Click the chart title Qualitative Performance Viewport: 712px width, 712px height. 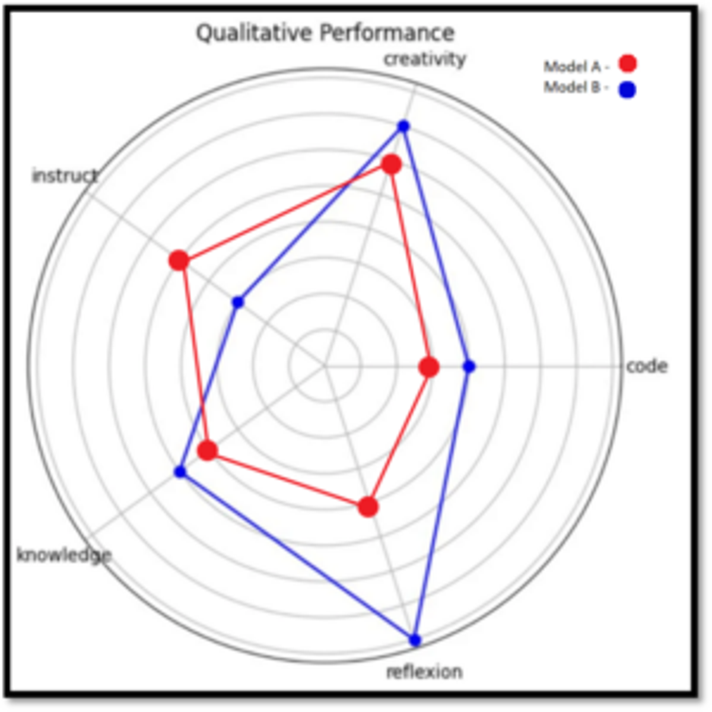pos(325,33)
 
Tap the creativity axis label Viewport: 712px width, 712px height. pos(425,59)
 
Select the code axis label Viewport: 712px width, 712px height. pos(647,366)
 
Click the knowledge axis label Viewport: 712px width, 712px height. pos(64,555)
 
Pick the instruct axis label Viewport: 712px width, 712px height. pos(65,176)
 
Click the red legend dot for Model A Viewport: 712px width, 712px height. pos(628,63)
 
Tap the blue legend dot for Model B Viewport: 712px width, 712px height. pos(627,90)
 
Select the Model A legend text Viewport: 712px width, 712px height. pos(576,67)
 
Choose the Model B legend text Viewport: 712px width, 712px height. pos(576,88)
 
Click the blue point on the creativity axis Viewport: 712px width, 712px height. pos(403,126)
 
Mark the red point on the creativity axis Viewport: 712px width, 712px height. pos(391,164)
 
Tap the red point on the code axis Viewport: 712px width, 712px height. pos(429,367)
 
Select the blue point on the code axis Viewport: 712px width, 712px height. pos(469,367)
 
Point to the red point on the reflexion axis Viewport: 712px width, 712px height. pos(368,507)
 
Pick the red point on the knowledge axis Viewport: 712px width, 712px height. pos(207,450)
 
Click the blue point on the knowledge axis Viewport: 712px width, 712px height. pos(180,472)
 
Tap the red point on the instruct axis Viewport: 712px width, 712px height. pos(179,260)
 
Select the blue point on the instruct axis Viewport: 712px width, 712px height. pos(238,302)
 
